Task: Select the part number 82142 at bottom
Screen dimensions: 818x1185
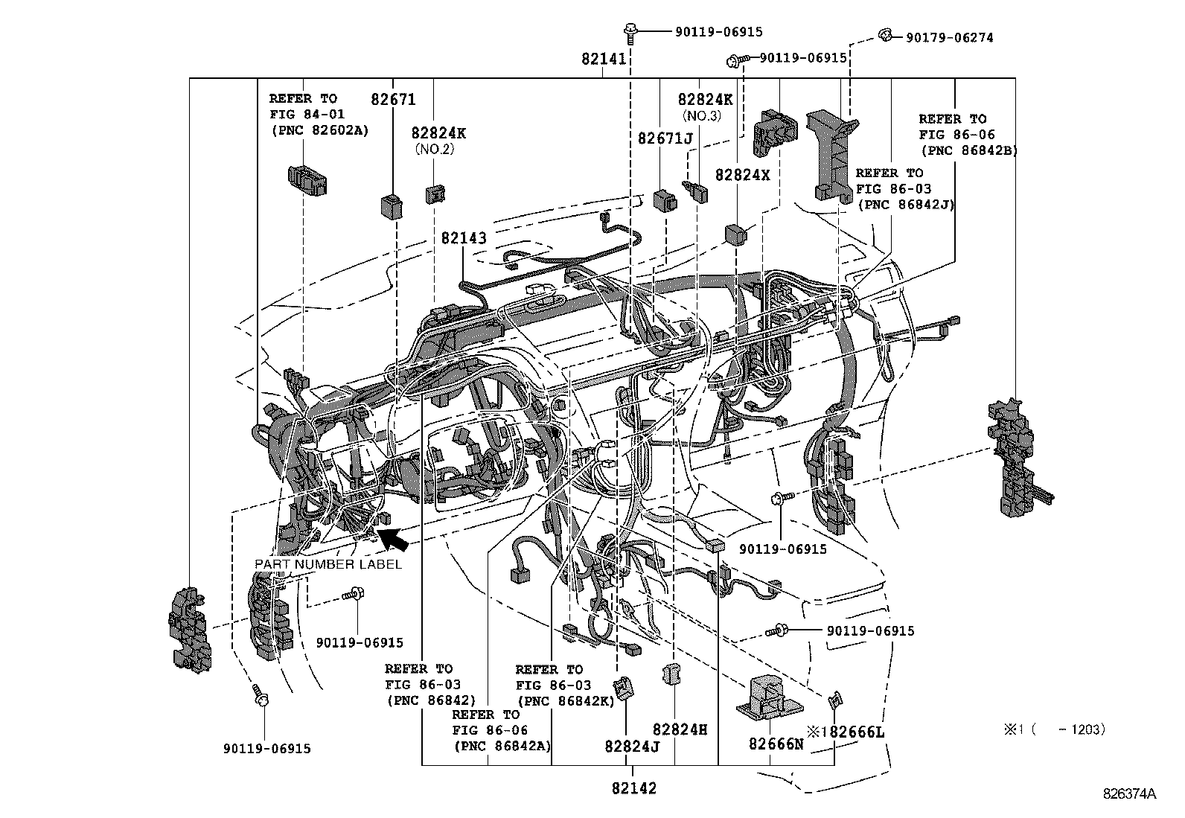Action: pos(634,788)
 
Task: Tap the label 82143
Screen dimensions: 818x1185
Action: pos(463,238)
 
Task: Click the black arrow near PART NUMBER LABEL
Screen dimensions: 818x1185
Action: pos(394,538)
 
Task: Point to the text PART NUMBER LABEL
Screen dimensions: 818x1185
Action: pos(328,564)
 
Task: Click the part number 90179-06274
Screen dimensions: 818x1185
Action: pos(949,37)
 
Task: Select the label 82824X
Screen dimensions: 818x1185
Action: pos(742,175)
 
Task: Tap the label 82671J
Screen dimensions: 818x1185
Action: pos(665,138)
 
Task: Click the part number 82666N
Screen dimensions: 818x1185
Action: pos(776,744)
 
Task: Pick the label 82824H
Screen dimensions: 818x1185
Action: pos(680,729)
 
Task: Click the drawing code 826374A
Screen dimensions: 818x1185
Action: pos(1129,794)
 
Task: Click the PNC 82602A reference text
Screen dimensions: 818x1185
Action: pos(319,130)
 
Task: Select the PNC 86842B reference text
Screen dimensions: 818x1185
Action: pos(968,150)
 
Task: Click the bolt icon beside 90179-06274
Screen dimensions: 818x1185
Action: pos(885,35)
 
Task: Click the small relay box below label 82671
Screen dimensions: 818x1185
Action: pos(392,205)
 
